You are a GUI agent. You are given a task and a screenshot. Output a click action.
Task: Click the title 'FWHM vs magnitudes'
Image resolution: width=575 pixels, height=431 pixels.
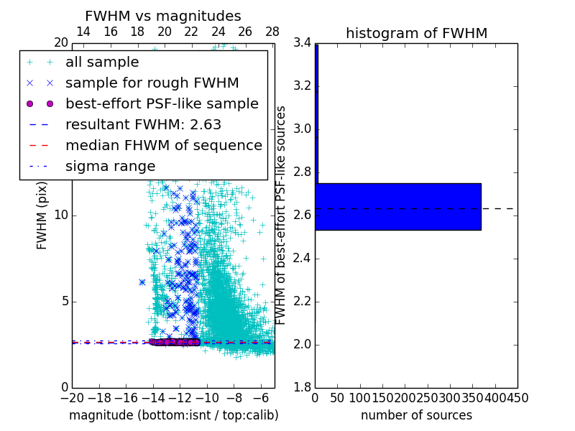pyautogui.click(x=163, y=16)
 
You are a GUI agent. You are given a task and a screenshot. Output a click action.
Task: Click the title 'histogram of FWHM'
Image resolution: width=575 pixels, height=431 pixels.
pyautogui.click(x=416, y=33)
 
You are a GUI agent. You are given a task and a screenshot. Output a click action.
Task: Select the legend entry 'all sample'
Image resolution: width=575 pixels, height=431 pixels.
pyautogui.click(x=112, y=62)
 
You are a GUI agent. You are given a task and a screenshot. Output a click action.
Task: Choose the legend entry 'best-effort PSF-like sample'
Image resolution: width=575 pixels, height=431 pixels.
pyautogui.click(x=162, y=103)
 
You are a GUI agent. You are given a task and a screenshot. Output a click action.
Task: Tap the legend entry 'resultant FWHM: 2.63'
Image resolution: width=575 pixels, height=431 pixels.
pyautogui.click(x=143, y=124)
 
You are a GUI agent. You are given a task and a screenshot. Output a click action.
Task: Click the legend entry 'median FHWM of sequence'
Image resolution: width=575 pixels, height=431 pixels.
pyautogui.click(x=164, y=145)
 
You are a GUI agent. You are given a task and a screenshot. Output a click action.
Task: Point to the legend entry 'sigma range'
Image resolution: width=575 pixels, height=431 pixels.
pyautogui.click(x=110, y=166)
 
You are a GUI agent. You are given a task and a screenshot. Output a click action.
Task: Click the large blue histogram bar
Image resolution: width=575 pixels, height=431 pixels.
pyautogui.click(x=397, y=206)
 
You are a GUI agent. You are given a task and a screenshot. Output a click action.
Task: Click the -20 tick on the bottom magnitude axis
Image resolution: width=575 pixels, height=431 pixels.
pyautogui.click(x=72, y=397)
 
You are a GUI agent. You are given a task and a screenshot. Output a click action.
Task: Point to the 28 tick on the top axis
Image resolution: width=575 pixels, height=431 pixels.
pyautogui.click(x=272, y=32)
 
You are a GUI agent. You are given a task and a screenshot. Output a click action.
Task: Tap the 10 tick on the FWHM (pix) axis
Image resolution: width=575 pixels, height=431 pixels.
pyautogui.click(x=60, y=215)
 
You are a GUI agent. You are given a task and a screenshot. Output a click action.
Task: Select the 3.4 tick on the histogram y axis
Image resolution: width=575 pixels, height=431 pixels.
pyautogui.click(x=302, y=43)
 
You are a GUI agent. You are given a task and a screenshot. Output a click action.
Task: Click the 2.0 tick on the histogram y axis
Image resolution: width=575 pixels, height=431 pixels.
pyautogui.click(x=302, y=345)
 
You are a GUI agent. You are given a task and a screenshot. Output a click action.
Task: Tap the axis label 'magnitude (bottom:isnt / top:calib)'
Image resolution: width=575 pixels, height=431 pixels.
pyautogui.click(x=173, y=415)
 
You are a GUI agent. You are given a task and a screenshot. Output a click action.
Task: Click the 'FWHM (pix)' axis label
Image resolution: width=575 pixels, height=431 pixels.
pyautogui.click(x=42, y=215)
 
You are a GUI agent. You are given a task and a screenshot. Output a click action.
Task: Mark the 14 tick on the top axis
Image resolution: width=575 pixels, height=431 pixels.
pyautogui.click(x=83, y=32)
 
